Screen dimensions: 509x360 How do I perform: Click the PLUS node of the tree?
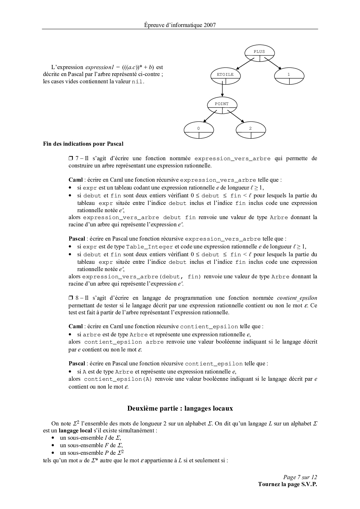pos(259,52)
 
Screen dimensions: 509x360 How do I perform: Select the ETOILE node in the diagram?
pos(225,75)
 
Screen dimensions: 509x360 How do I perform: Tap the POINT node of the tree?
pos(222,104)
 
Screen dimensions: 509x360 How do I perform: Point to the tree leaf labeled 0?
pos(199,129)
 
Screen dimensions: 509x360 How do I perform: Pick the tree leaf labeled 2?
pos(251,129)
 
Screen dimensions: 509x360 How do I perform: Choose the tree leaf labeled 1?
pos(289,75)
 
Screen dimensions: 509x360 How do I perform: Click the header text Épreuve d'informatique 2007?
pos(180,25)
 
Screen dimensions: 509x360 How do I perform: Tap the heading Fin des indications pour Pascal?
pos(83,144)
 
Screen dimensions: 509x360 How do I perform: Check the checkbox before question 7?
pos(71,158)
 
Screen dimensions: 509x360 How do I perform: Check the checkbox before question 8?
pos(71,298)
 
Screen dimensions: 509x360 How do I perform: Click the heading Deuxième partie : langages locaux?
pos(180,408)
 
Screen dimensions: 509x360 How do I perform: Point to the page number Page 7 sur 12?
pos(300,477)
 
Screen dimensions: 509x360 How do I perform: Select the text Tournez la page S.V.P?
pos(287,484)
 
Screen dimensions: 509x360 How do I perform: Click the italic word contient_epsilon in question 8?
pos(297,298)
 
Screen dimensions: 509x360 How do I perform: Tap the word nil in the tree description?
pos(137,82)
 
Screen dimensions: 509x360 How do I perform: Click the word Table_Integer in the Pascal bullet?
pos(150,247)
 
